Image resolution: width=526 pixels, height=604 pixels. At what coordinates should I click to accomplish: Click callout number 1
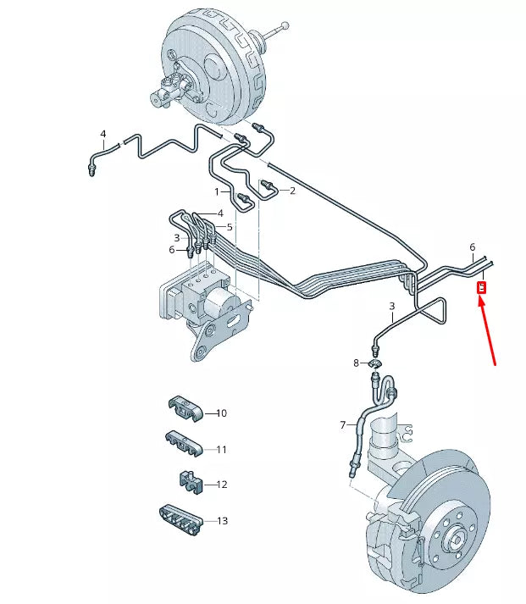coord(216,191)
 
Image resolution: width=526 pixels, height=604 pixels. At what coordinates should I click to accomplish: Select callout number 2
coord(292,191)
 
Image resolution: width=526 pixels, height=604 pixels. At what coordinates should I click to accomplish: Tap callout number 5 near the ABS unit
coord(230,227)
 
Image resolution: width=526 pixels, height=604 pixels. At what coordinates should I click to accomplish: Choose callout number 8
coord(357,363)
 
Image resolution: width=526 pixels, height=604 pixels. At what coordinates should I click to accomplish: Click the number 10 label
coord(221,413)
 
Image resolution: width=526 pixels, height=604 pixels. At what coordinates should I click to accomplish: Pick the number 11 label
coord(221,449)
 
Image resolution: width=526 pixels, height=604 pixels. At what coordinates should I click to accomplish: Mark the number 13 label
coord(222,521)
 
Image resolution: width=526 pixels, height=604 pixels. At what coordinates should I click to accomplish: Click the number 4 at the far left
coord(103,134)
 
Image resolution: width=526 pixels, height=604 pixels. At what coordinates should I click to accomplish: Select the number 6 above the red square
coord(473,247)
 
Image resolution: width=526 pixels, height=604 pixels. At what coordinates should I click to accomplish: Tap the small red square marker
coord(481,287)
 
